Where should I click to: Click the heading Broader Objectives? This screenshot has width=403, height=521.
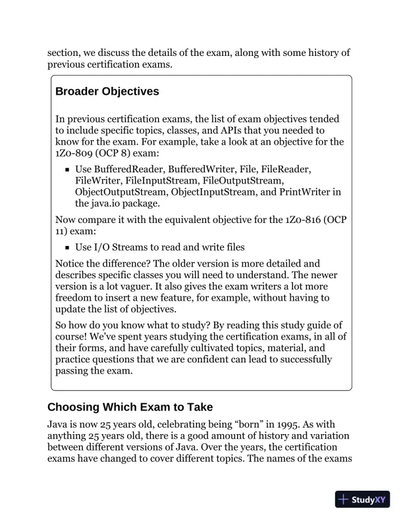click(x=107, y=92)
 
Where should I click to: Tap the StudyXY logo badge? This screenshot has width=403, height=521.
click(x=362, y=499)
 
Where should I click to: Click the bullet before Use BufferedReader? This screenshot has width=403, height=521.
click(x=68, y=170)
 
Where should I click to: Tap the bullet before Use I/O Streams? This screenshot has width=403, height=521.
click(x=68, y=248)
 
